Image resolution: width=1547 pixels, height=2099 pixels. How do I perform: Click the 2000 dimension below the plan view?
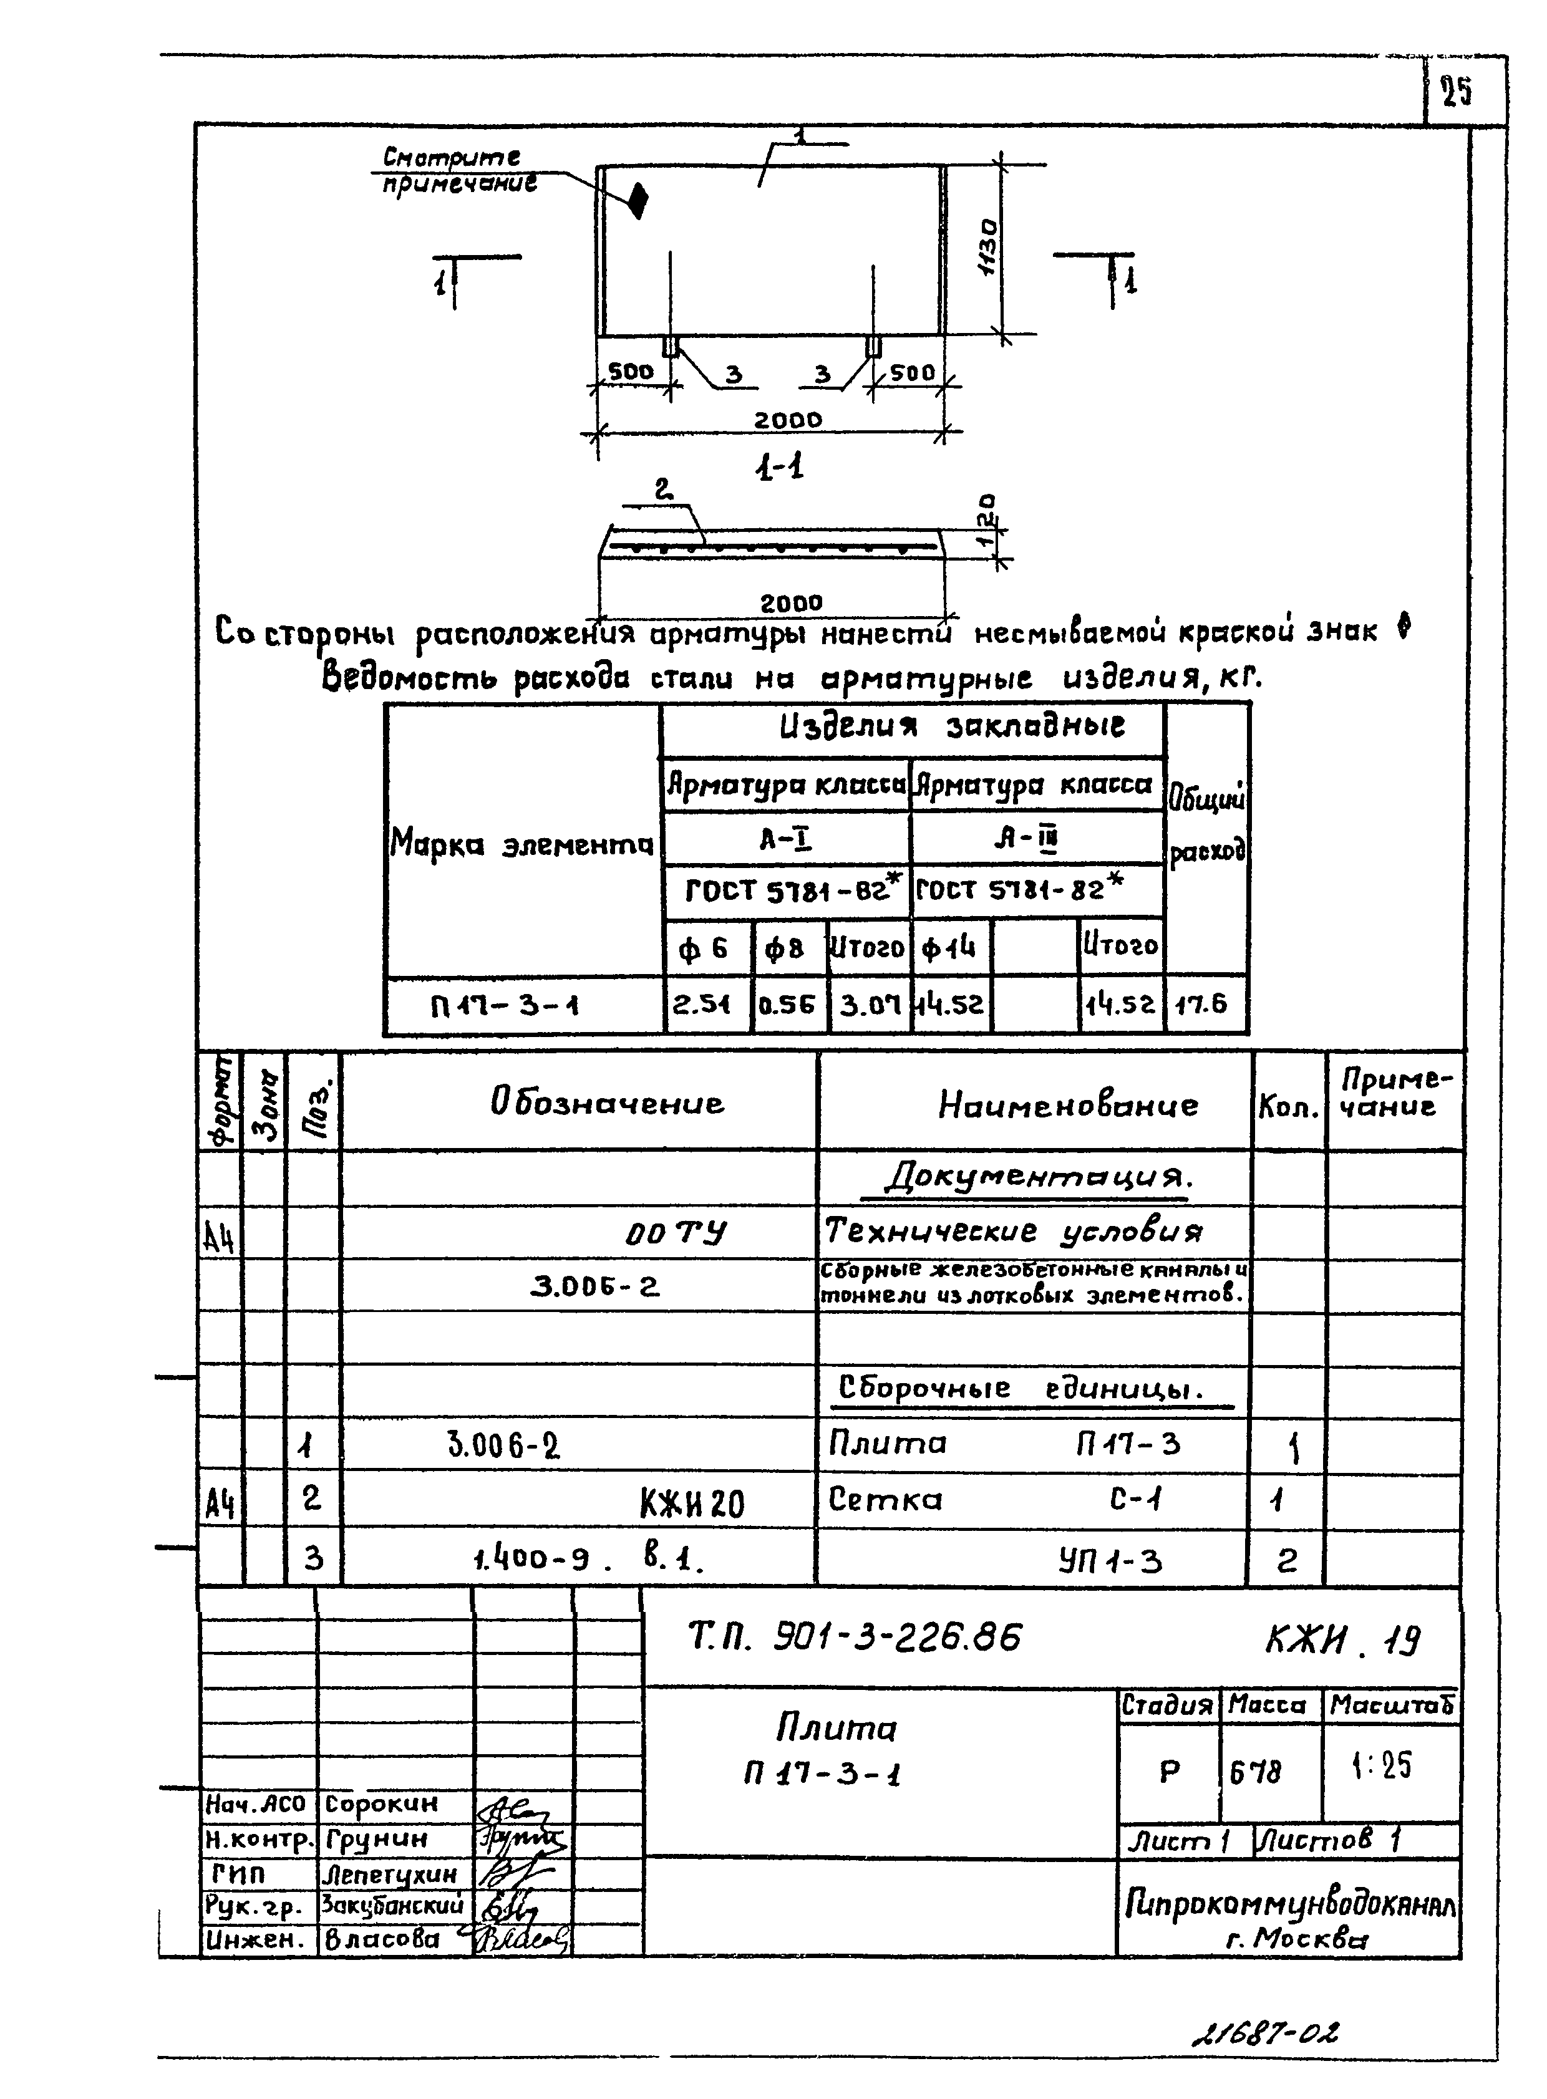788,420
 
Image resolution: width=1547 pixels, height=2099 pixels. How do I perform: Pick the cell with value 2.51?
702,1005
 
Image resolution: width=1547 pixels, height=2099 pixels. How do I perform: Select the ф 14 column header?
949,948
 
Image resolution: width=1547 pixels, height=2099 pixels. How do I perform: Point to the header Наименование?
1067,1105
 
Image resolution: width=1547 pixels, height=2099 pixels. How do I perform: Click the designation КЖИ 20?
691,1503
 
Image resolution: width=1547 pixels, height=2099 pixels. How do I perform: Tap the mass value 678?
1256,1772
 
